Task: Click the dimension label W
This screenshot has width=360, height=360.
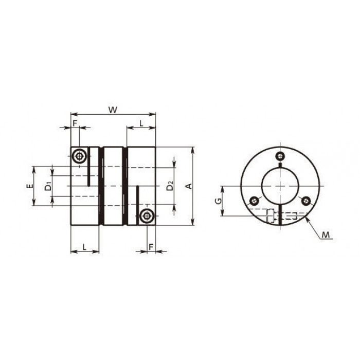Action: [113, 110]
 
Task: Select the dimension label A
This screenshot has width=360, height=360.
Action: [189, 186]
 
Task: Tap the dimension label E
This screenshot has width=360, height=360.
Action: [29, 186]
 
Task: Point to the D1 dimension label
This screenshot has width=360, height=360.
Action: [48, 186]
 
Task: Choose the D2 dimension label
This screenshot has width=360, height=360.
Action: [170, 186]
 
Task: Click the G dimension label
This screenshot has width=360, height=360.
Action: [218, 201]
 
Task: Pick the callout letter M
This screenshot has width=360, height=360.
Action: [326, 235]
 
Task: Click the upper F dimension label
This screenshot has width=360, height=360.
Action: [75, 123]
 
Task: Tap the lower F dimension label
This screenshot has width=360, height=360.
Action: [151, 247]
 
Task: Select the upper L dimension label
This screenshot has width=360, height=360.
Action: [141, 123]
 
